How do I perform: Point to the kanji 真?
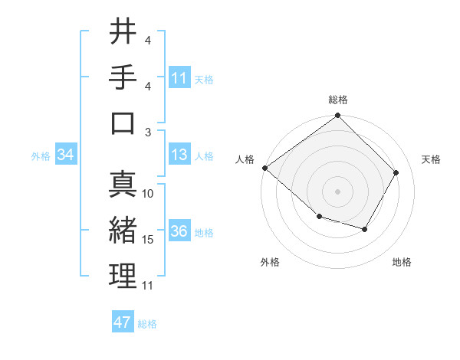(x=123, y=184)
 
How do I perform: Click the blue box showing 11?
(x=179, y=77)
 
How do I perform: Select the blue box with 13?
(x=179, y=155)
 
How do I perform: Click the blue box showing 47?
(x=123, y=322)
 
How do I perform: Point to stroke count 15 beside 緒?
(x=148, y=240)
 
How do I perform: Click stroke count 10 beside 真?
(x=148, y=194)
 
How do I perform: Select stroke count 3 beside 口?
(x=148, y=132)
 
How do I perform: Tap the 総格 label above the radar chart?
(x=338, y=100)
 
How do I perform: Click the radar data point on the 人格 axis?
(x=265, y=168)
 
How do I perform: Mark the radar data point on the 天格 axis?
(x=396, y=172)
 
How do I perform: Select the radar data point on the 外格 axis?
(x=319, y=218)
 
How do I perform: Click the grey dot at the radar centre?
(x=338, y=191)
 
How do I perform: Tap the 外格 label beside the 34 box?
(x=41, y=156)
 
